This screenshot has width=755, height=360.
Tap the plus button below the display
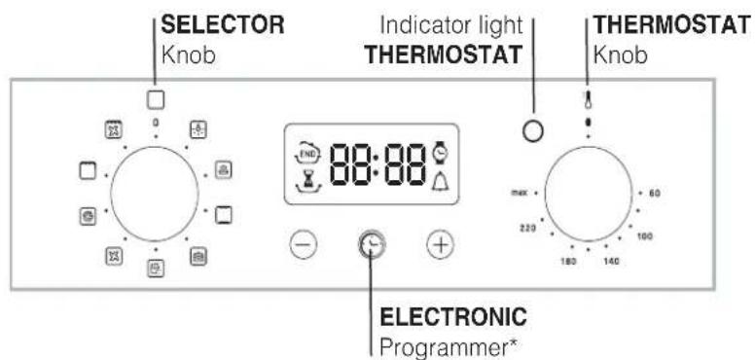coord(440,246)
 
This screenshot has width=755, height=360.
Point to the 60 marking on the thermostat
coord(655,193)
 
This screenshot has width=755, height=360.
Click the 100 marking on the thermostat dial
coord(643,235)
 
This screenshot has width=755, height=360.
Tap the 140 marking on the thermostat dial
coord(610,262)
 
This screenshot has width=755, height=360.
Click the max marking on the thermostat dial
coord(518,193)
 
